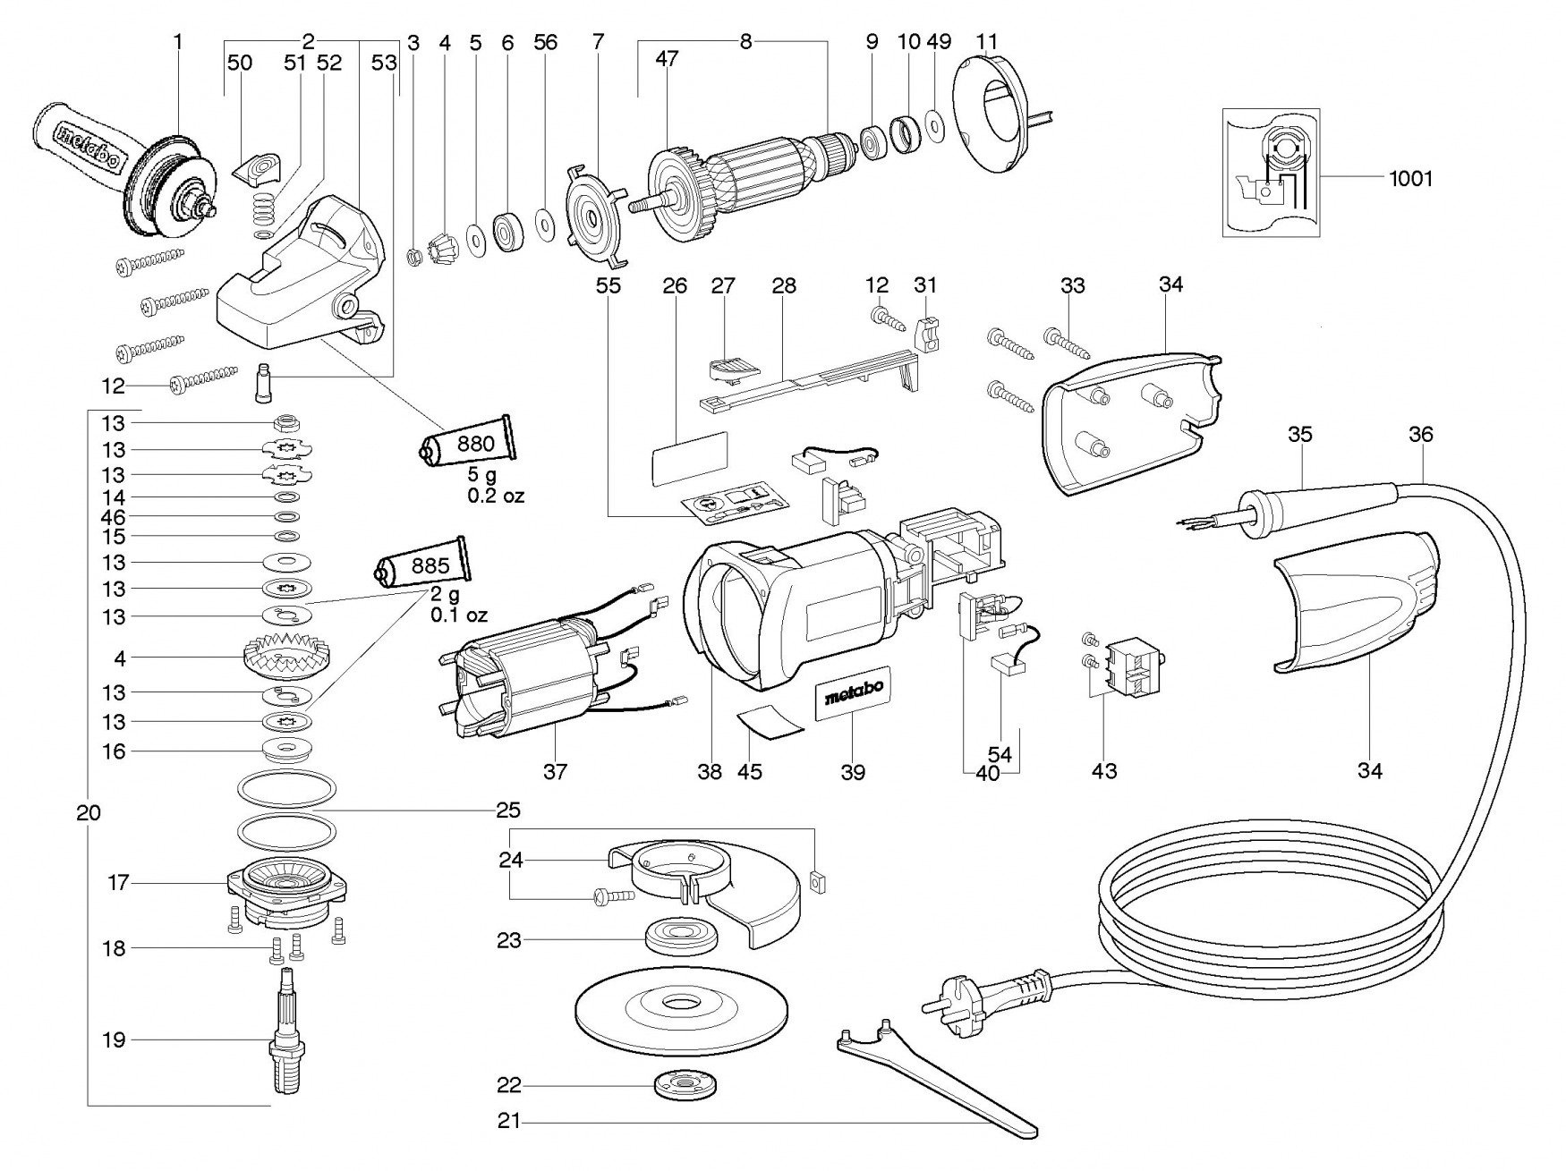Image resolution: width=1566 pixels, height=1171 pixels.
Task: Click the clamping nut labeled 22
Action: [679, 1086]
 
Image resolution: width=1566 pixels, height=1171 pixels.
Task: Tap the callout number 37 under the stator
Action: [555, 771]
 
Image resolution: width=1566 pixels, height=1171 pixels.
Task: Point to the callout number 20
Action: [89, 813]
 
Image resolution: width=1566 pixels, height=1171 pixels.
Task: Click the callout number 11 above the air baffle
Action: [986, 42]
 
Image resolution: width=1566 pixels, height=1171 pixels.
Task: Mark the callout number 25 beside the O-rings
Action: [507, 810]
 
